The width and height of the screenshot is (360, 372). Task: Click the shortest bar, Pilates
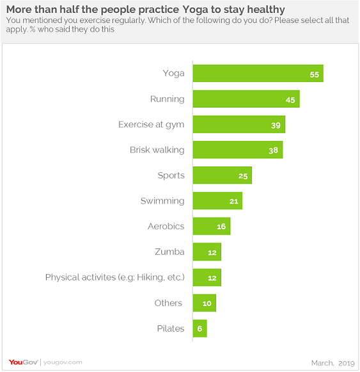(x=200, y=328)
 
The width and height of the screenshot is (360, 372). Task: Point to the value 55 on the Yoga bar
(x=314, y=74)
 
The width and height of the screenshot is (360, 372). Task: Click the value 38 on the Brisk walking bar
(x=274, y=150)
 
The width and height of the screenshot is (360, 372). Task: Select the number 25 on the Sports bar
(x=243, y=176)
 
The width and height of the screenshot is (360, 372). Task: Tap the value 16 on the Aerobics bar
(x=221, y=227)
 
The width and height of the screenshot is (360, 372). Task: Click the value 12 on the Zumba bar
(x=212, y=252)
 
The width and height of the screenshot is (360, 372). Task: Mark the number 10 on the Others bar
(x=207, y=303)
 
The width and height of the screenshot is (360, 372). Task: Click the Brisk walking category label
(x=157, y=150)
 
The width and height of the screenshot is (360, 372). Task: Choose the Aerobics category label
(x=166, y=226)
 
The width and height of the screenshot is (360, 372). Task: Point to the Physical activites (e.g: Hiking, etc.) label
(x=114, y=277)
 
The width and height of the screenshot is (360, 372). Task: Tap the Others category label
(x=169, y=303)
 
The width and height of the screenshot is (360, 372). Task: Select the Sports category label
(x=171, y=175)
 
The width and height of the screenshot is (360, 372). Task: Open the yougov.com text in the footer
(x=63, y=363)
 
